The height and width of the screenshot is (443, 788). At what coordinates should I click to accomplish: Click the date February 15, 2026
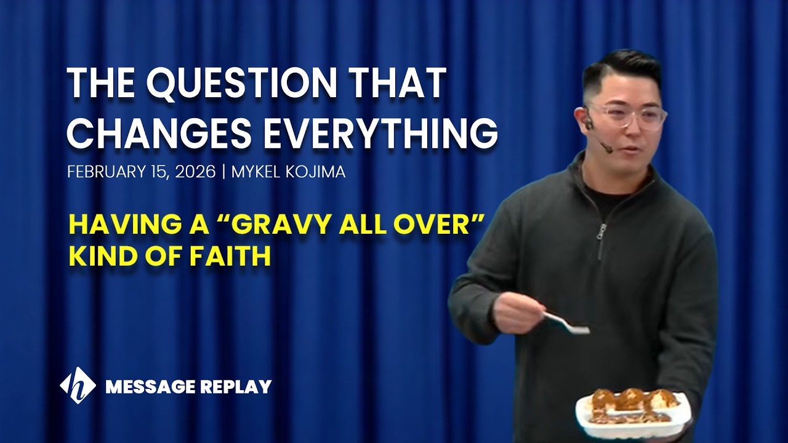(141, 172)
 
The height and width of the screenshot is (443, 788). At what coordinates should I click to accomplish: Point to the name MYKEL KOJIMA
(288, 172)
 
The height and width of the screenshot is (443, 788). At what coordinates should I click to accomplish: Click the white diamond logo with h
(78, 386)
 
